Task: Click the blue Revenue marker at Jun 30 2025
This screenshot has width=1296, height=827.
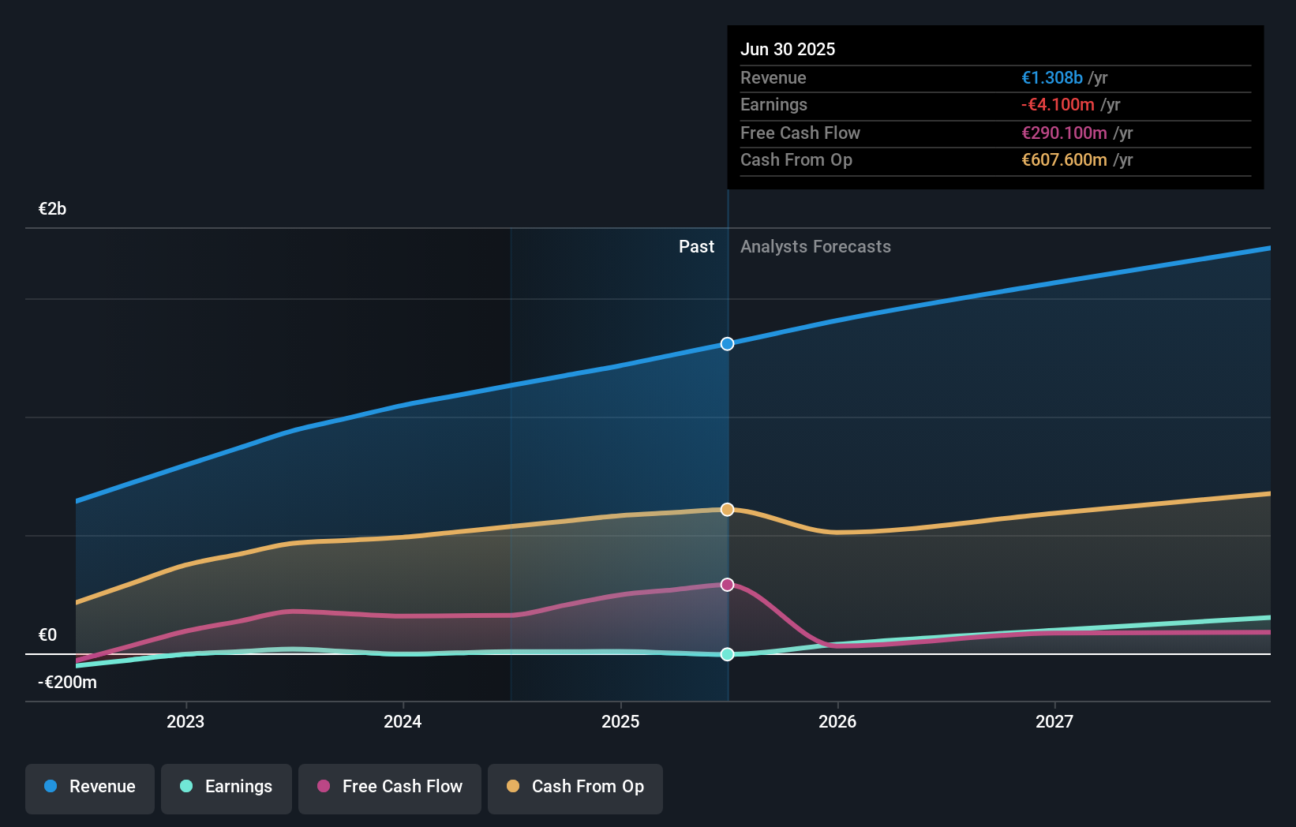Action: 727,344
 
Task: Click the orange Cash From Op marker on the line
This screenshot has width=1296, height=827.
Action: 727,510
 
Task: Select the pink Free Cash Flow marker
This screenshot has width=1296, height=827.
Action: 727,585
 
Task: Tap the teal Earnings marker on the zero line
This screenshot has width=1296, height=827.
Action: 727,654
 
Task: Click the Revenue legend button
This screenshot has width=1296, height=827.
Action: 90,787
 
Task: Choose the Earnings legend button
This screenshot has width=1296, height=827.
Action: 227,787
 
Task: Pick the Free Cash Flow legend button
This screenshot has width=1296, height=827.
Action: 390,787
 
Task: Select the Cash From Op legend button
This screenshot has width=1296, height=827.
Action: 575,787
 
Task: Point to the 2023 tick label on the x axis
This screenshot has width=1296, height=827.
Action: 185,722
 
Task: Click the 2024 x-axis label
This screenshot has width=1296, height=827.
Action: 403,722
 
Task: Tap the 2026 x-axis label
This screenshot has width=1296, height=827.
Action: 837,722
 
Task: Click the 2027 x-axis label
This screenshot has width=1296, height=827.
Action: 1054,722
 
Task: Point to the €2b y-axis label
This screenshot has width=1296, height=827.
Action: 52,209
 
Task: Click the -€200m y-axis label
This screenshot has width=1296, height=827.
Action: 67,683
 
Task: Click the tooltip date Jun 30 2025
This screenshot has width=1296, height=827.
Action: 787,49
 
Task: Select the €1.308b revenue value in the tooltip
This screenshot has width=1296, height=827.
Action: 1052,77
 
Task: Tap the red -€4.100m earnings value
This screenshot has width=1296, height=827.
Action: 1058,104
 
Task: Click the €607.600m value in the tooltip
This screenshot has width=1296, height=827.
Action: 1064,159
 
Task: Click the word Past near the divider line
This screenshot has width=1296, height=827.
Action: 696,247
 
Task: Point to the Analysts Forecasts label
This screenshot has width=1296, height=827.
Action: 815,247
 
